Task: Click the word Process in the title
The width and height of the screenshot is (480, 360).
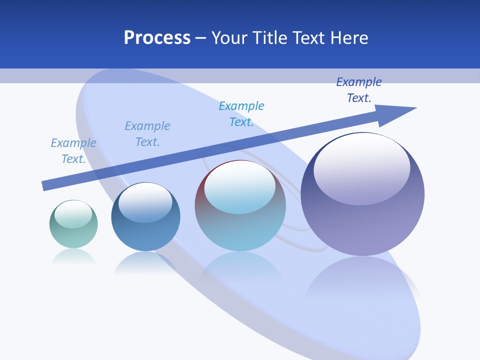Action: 157,38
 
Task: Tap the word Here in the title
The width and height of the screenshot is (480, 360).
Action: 348,38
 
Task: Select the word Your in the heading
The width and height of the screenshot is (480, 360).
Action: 229,38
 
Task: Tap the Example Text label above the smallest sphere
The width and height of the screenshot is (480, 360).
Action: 73,151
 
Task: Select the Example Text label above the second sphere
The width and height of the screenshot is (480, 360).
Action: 147,134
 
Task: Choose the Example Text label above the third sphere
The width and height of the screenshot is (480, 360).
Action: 241,114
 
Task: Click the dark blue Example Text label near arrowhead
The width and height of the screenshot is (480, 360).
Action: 359,90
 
